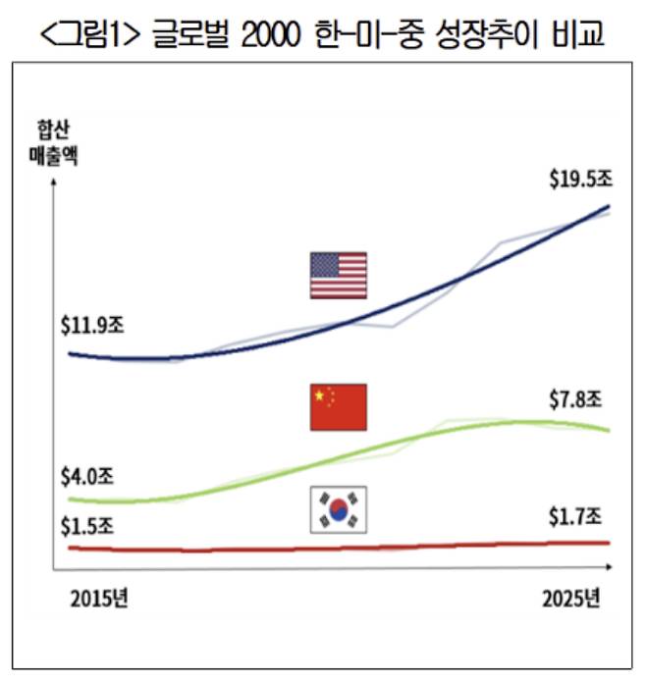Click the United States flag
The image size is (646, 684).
click(x=339, y=275)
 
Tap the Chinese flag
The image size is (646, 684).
click(x=339, y=407)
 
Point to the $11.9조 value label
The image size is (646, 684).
click(x=92, y=325)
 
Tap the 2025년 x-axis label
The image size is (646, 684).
click(x=569, y=598)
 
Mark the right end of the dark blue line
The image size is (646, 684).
click(x=609, y=206)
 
